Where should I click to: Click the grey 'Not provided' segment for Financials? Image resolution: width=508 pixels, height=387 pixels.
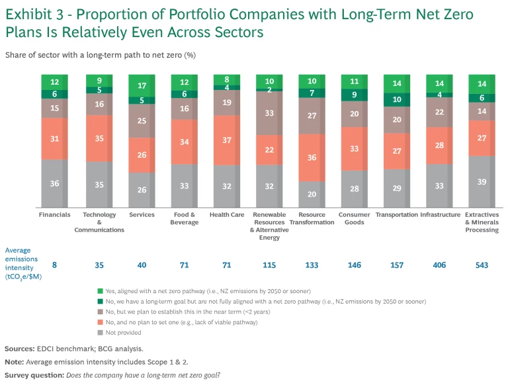pyautogui.click(x=54, y=184)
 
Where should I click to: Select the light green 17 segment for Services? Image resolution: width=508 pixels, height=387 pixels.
pyautogui.click(x=142, y=85)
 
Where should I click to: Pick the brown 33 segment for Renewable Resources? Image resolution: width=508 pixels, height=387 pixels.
pyautogui.click(x=269, y=113)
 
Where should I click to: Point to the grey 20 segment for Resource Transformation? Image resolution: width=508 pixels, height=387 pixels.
pyautogui.click(x=312, y=194)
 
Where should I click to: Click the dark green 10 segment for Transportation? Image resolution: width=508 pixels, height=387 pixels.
pyautogui.click(x=397, y=99)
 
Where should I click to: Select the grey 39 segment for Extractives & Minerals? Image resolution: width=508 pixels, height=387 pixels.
pyautogui.click(x=482, y=182)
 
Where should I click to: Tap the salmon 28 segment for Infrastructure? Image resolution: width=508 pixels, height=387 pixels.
pyautogui.click(x=440, y=146)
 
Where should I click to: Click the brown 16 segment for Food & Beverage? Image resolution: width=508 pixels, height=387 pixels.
pyautogui.click(x=185, y=109)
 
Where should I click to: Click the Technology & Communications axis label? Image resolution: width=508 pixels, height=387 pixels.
pyautogui.click(x=99, y=222)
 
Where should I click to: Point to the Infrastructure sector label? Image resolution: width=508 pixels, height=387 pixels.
pyautogui.click(x=441, y=215)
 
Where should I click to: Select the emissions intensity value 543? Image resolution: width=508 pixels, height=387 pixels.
pyautogui.click(x=482, y=265)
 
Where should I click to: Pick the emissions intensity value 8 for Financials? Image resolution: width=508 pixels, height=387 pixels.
pyautogui.click(x=54, y=265)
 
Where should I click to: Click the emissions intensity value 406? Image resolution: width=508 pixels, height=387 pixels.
pyautogui.click(x=440, y=265)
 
